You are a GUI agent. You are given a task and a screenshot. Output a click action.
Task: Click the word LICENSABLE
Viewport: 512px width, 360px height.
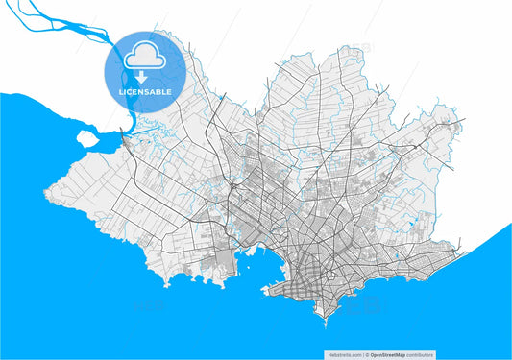point(144,92)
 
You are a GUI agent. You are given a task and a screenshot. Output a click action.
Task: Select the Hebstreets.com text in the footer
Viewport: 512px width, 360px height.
point(343,353)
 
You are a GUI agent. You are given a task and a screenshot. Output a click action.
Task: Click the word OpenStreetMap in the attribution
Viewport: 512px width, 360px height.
point(392,353)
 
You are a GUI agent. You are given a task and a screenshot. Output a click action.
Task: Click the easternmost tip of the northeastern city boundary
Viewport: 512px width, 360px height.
point(465,120)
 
